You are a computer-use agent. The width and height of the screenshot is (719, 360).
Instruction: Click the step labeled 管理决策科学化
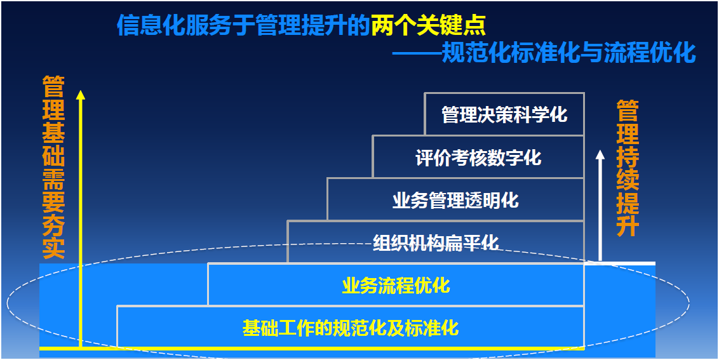pos(504,114)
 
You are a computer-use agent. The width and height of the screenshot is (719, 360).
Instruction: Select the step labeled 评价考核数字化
pos(478,157)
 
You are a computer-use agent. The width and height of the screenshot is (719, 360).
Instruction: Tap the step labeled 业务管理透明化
pos(456,199)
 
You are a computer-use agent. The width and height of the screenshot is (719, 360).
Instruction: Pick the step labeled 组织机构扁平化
pos(436,242)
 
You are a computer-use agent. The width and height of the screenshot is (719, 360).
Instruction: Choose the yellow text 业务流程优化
pos(396,285)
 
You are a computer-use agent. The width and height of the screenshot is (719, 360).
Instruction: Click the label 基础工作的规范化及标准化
pos(351,328)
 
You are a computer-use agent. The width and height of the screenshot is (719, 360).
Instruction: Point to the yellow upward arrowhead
pos(81,95)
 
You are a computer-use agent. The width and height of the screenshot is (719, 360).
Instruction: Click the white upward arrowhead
pos(600,154)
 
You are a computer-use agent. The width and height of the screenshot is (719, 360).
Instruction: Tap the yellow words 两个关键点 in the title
pos(428,25)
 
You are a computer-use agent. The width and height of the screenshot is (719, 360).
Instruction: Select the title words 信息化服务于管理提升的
pos(243,25)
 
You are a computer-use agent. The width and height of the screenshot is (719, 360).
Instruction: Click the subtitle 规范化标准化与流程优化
pos(568,53)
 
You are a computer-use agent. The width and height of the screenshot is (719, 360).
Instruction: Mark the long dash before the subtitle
pos(417,53)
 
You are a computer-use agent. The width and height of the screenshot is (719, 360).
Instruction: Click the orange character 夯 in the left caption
pos(53,224)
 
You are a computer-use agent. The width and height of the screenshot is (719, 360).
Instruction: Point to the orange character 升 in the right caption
pos(628,225)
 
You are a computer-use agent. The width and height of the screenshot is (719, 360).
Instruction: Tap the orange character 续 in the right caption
pos(628,179)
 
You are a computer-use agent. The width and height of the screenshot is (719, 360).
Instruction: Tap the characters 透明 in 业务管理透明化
pos(482,200)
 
